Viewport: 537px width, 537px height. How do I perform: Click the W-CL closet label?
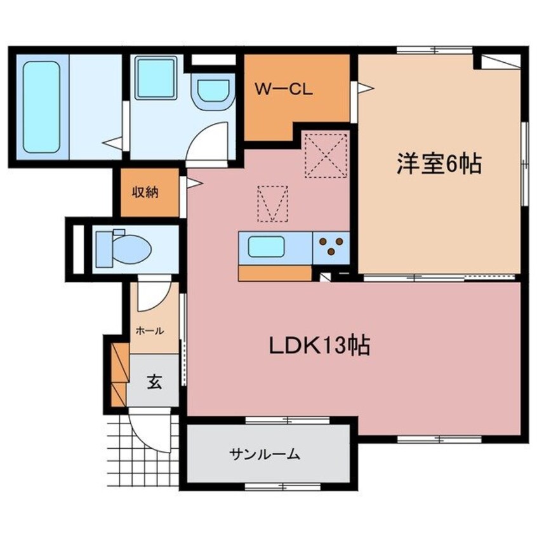point(283,90)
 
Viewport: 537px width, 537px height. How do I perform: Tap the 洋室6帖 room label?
point(439,165)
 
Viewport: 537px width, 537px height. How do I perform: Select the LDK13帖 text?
point(319,347)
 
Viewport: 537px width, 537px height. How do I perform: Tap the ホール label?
point(150,331)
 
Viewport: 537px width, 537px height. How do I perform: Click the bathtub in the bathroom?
point(42,106)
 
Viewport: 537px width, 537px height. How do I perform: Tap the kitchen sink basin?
point(266,246)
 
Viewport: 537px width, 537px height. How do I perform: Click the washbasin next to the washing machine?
point(213,93)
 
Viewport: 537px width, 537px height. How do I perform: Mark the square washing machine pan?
point(156,79)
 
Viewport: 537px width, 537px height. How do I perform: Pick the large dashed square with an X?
point(326,154)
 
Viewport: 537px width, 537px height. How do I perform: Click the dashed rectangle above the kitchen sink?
point(272,203)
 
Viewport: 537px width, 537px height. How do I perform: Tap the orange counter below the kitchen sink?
point(275,272)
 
